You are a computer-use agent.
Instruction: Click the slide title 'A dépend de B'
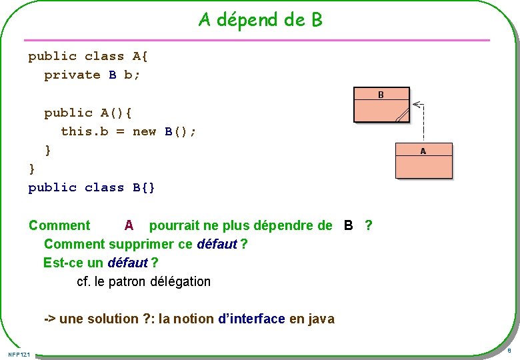click(260, 20)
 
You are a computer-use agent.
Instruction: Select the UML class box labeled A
click(423, 161)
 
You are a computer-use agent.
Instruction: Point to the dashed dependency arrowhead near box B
click(417, 104)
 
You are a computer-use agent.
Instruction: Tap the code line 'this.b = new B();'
click(129, 131)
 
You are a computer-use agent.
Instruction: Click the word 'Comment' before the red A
click(59, 225)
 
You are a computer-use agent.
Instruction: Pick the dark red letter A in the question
click(129, 225)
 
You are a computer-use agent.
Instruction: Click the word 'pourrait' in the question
click(177, 225)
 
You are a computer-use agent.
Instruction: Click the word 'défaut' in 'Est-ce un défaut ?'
click(127, 263)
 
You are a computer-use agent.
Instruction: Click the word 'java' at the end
click(321, 319)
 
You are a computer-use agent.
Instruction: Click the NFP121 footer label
click(19, 353)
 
